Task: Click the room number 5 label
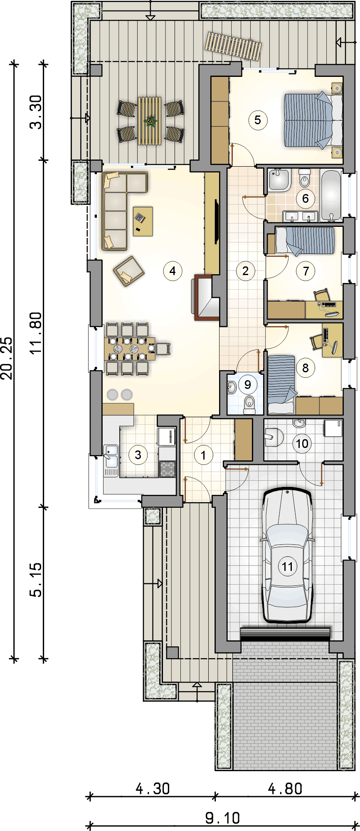pyautogui.click(x=258, y=120)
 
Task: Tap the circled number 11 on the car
pyautogui.click(x=288, y=566)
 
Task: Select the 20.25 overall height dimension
pyautogui.click(x=7, y=358)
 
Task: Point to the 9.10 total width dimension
pyautogui.click(x=223, y=818)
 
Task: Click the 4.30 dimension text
pyautogui.click(x=153, y=788)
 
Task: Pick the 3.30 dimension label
pyautogui.click(x=36, y=112)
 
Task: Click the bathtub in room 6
pyautogui.click(x=331, y=194)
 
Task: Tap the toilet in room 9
pyautogui.click(x=249, y=405)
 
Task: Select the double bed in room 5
pyautogui.click(x=313, y=120)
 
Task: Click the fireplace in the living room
pyautogui.click(x=205, y=297)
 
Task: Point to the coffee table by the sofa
pyautogui.click(x=143, y=221)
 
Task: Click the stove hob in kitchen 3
pyautogui.click(x=168, y=469)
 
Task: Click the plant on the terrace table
pyautogui.click(x=150, y=121)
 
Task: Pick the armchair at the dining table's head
pyautogui.click(x=163, y=348)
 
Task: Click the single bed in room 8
pyautogui.click(x=281, y=384)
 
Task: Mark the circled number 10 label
pyautogui.click(x=302, y=443)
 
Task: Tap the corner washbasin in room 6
pyautogui.click(x=279, y=180)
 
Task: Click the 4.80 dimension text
pyautogui.click(x=285, y=788)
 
